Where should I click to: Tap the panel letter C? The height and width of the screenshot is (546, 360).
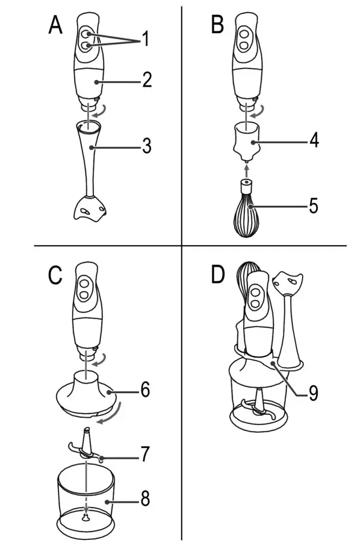(55, 275)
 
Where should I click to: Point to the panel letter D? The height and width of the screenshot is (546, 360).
(218, 275)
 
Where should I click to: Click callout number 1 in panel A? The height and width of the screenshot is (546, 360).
(144, 40)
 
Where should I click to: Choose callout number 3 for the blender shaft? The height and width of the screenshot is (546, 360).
(146, 146)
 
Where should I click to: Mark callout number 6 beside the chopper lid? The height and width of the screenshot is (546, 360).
(145, 389)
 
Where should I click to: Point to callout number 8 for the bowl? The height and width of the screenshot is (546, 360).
(146, 500)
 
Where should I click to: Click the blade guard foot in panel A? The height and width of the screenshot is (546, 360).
(89, 209)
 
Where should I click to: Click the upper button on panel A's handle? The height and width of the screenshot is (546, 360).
(87, 34)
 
